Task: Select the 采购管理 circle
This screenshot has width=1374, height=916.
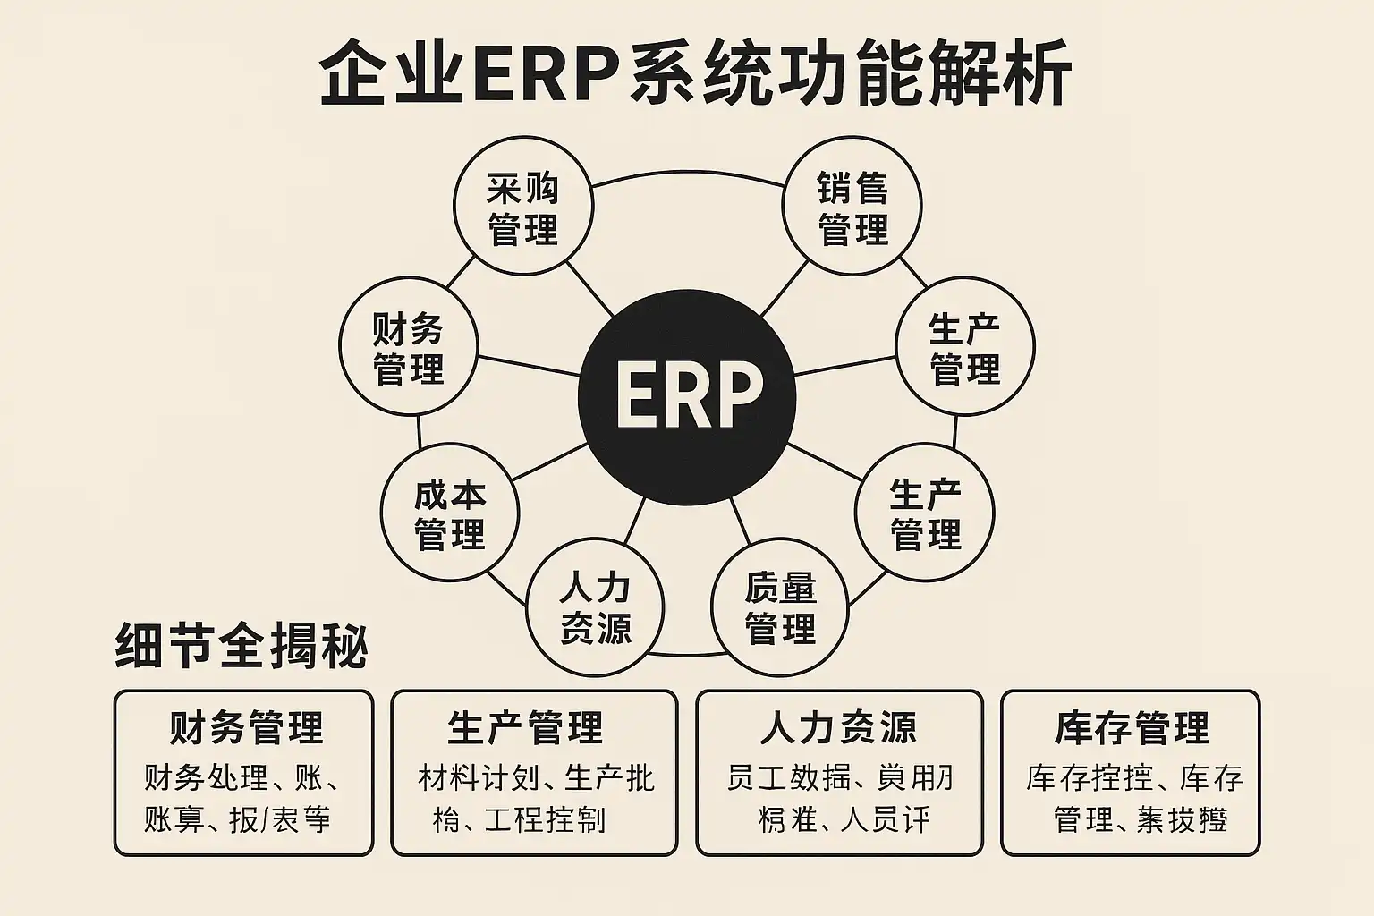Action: [523, 208]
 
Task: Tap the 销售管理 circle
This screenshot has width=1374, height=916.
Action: [852, 208]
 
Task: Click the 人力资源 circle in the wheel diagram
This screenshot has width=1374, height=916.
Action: [595, 607]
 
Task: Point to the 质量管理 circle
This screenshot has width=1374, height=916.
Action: [780, 607]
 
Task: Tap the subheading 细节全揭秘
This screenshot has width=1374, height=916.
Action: [242, 646]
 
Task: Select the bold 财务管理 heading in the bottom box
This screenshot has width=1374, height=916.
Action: [245, 728]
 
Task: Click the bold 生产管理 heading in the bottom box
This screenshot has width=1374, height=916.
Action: [525, 728]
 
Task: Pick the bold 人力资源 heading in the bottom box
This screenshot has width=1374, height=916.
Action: [838, 728]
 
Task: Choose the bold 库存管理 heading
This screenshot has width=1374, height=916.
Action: [1131, 728]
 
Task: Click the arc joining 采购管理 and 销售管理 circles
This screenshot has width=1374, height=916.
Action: [687, 173]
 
